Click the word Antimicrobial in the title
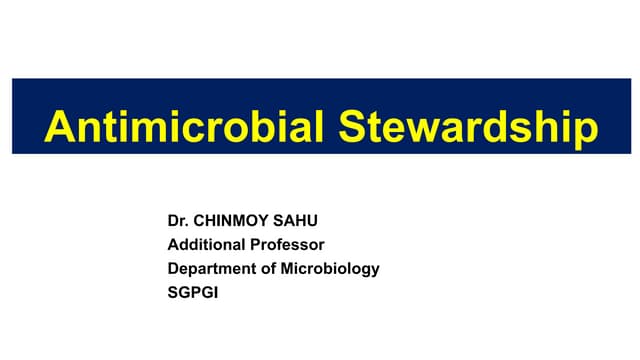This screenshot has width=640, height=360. coord(184,129)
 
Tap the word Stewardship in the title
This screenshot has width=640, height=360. coord(468,129)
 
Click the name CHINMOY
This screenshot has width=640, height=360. coord(232,218)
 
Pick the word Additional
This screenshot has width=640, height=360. coord(206,243)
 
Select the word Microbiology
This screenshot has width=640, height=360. coord(329,268)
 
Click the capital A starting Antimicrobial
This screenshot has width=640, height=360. coord(61,129)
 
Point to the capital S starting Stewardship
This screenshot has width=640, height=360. coord(352,129)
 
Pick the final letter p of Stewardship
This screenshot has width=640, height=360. coord(585,132)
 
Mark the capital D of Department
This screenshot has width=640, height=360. coord(173,268)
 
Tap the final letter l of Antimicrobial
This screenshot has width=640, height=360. coord(321,129)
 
